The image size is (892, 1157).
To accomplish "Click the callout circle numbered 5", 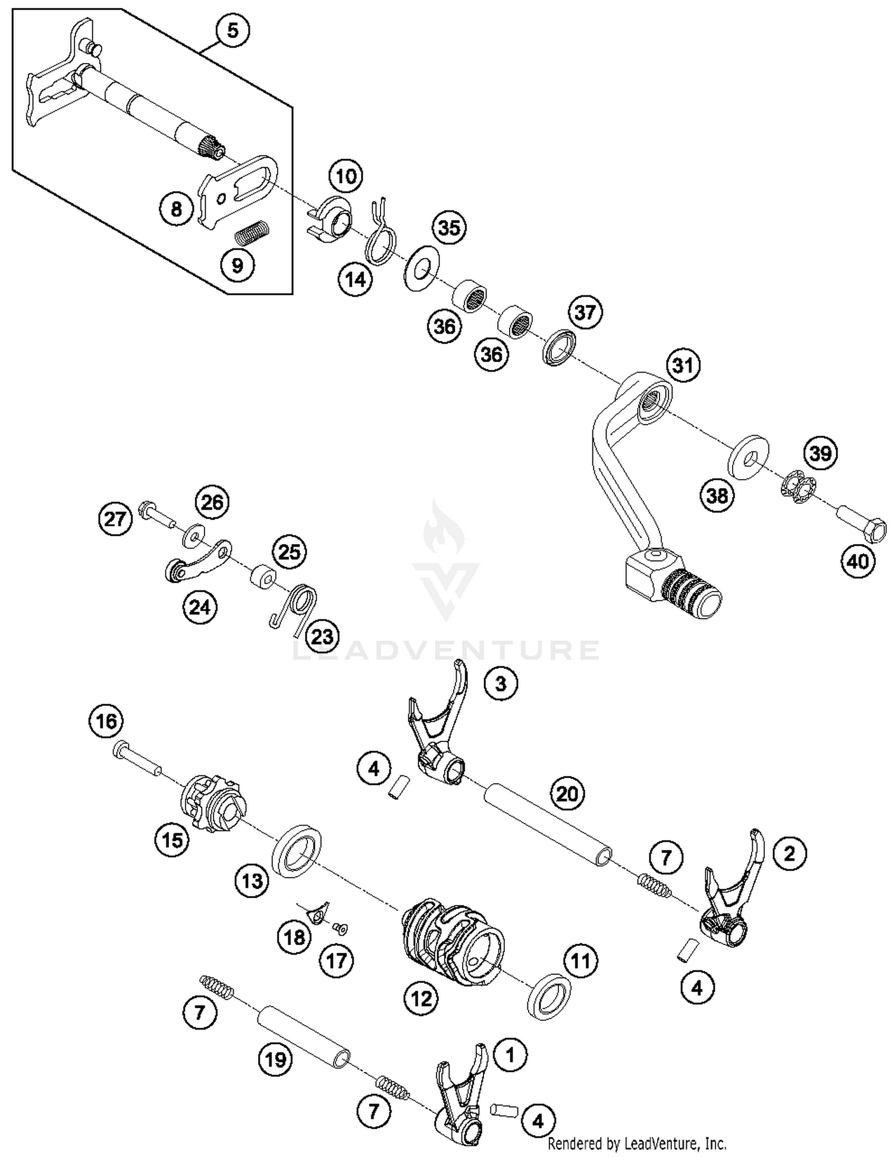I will (233, 30).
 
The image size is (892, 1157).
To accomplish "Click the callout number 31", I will (683, 365).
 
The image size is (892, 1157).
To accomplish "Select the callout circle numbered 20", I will (567, 794).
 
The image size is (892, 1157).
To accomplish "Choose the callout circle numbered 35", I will (449, 228).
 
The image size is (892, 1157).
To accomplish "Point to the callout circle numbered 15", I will (172, 840).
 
